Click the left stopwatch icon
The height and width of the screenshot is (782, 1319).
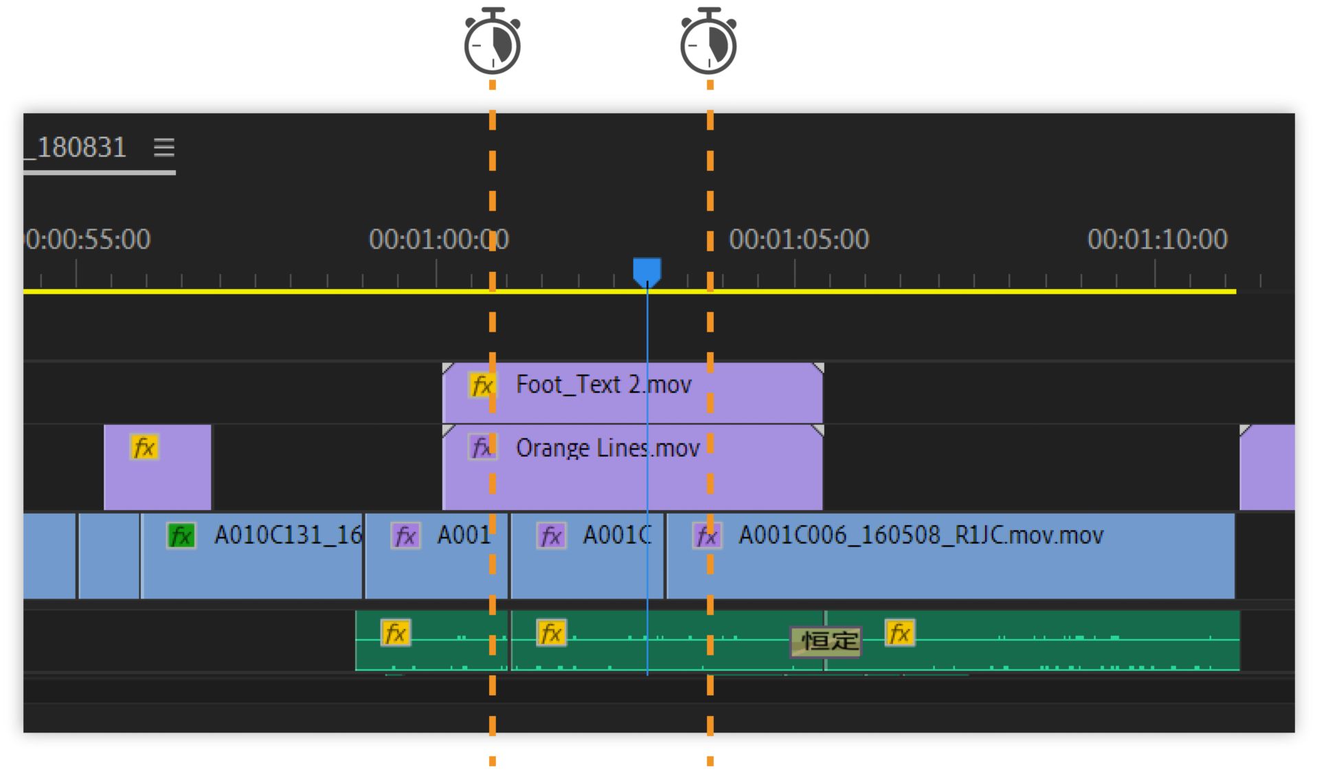[492, 43]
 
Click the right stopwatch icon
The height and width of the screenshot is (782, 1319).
[708, 43]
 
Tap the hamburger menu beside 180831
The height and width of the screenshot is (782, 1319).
[164, 147]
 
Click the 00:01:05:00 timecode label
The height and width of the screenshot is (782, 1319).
[799, 239]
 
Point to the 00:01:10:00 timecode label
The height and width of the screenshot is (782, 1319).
[1157, 239]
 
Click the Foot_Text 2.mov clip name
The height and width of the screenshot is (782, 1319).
[603, 384]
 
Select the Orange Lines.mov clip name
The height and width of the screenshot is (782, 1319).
[607, 448]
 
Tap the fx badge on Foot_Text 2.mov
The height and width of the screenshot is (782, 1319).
[482, 385]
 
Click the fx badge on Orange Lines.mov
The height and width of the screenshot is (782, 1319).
[482, 448]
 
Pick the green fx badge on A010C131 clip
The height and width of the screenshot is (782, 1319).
[181, 536]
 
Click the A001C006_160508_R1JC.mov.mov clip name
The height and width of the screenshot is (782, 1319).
[921, 535]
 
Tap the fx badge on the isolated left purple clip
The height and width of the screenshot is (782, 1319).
[144, 448]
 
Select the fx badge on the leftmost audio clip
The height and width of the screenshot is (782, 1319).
[396, 633]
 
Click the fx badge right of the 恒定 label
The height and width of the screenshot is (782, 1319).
[899, 633]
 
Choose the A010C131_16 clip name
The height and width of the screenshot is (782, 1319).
[287, 535]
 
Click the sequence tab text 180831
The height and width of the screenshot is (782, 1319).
[81, 148]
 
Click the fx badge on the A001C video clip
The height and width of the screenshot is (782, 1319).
[551, 536]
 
